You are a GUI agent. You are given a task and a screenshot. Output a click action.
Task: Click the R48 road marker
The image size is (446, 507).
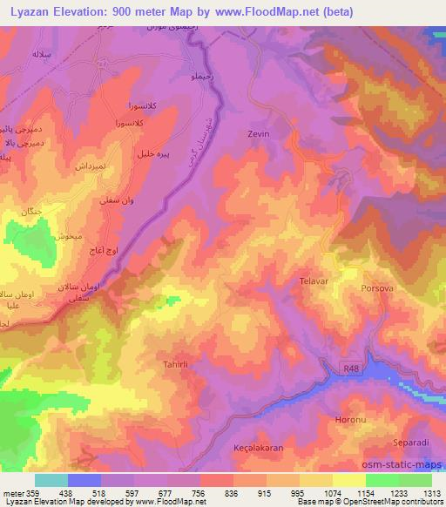[x=351, y=369]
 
